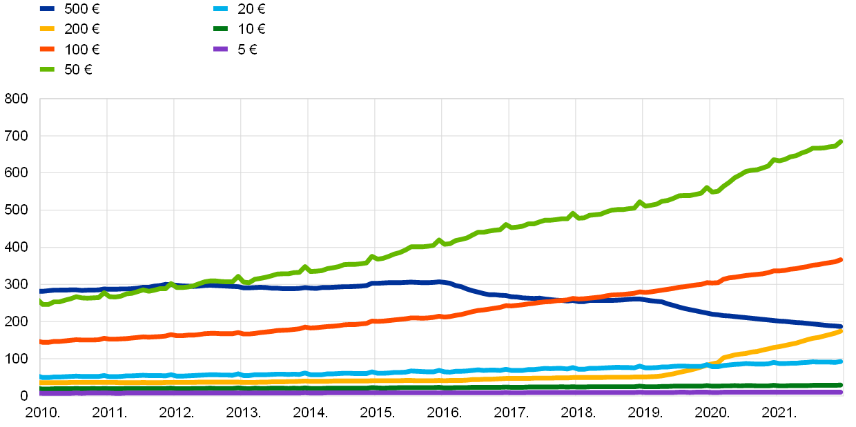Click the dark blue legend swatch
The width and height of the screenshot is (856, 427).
coord(47,9)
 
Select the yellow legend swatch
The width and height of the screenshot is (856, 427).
coord(47,29)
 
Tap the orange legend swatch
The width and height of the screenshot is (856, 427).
coord(47,49)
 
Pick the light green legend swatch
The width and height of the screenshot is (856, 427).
coord(47,69)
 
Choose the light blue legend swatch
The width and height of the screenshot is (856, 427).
coord(220,9)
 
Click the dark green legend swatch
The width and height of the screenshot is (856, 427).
coord(220,29)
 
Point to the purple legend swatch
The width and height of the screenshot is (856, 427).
coord(220,49)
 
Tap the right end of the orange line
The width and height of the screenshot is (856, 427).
coord(842,260)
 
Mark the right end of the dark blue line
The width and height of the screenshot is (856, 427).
coord(842,326)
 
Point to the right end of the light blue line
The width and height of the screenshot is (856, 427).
coord(842,361)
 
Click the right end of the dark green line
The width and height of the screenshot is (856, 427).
coord(842,385)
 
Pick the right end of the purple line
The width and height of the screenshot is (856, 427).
coord(842,392)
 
